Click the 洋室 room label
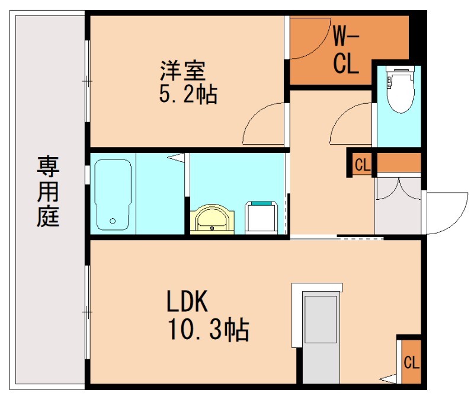point(182,71)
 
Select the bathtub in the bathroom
point(112,193)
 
